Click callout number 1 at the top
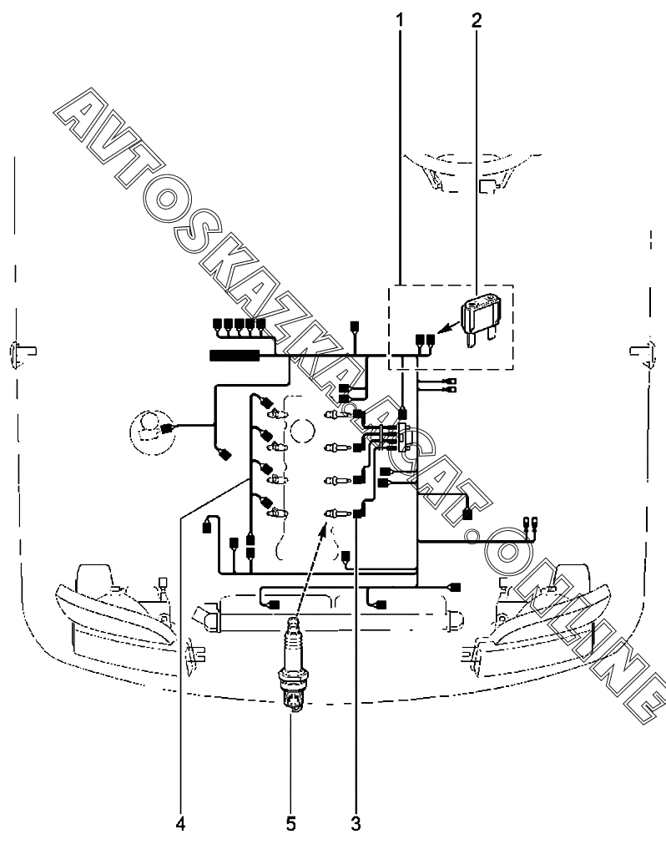coord(399,21)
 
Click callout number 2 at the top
coord(477,21)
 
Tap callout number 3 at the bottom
coord(356,823)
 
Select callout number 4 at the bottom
coord(181,823)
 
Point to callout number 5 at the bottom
coord(291,823)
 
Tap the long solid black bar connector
coord(235,356)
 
